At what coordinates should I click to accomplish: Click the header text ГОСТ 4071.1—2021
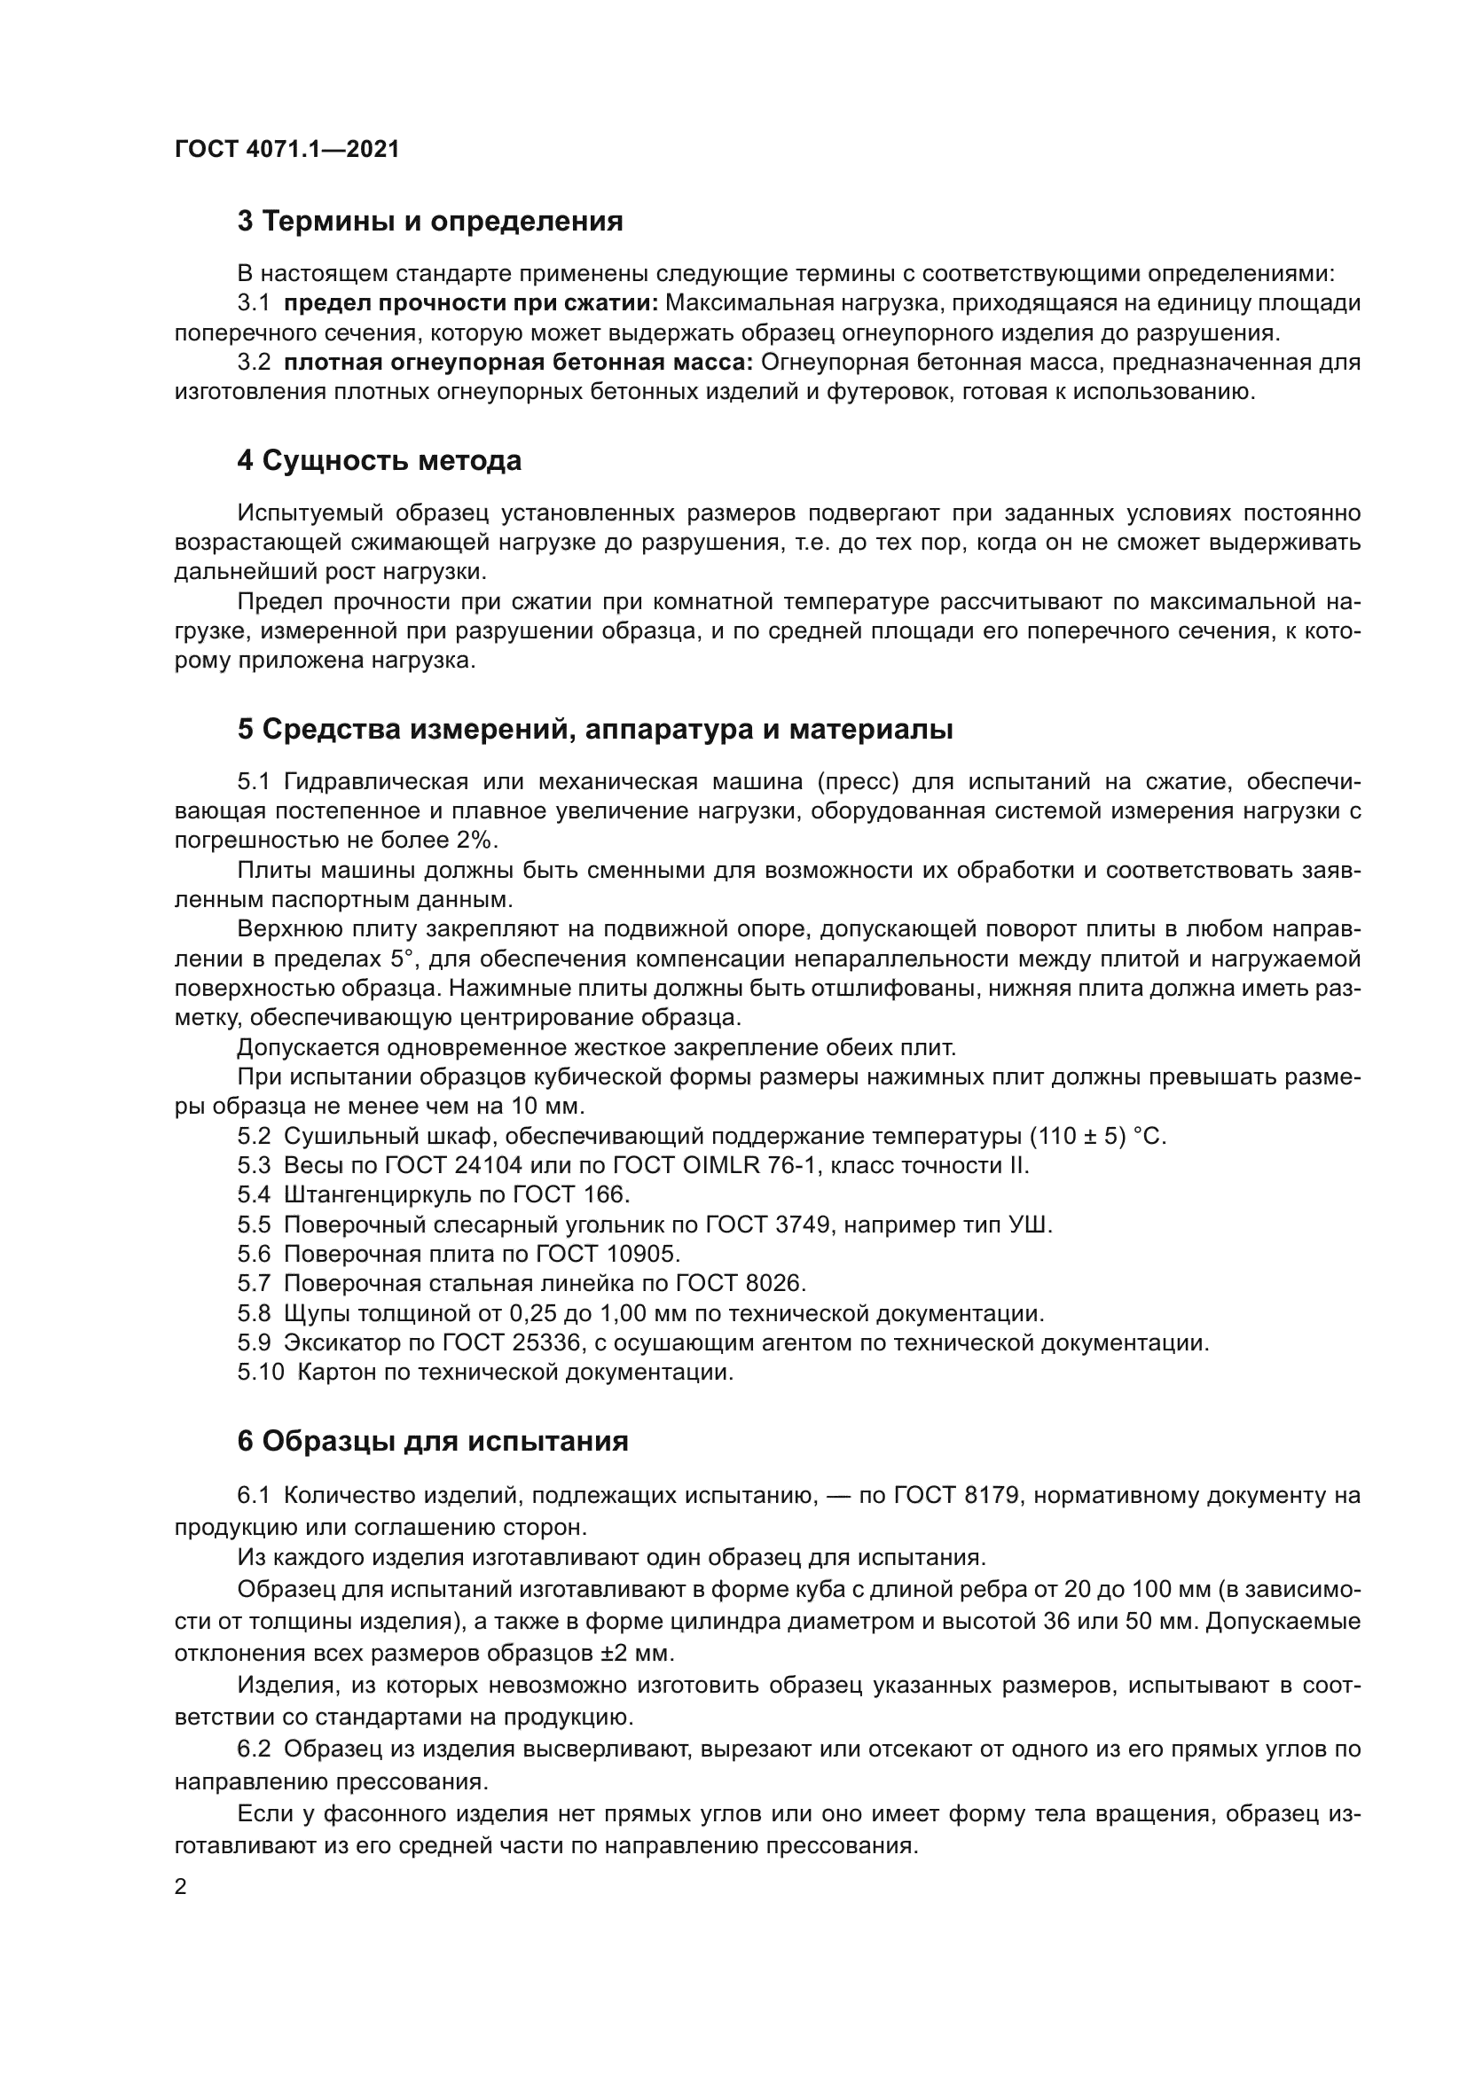tap(286, 149)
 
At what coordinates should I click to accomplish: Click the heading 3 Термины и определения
tap(430, 222)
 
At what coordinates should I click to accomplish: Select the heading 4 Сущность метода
tap(380, 461)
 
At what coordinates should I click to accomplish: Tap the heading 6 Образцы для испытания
tap(433, 1441)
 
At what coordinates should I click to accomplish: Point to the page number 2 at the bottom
tap(181, 1887)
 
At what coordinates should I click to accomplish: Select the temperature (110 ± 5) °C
tap(1098, 1137)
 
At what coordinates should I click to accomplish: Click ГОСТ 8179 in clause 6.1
tap(958, 1496)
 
